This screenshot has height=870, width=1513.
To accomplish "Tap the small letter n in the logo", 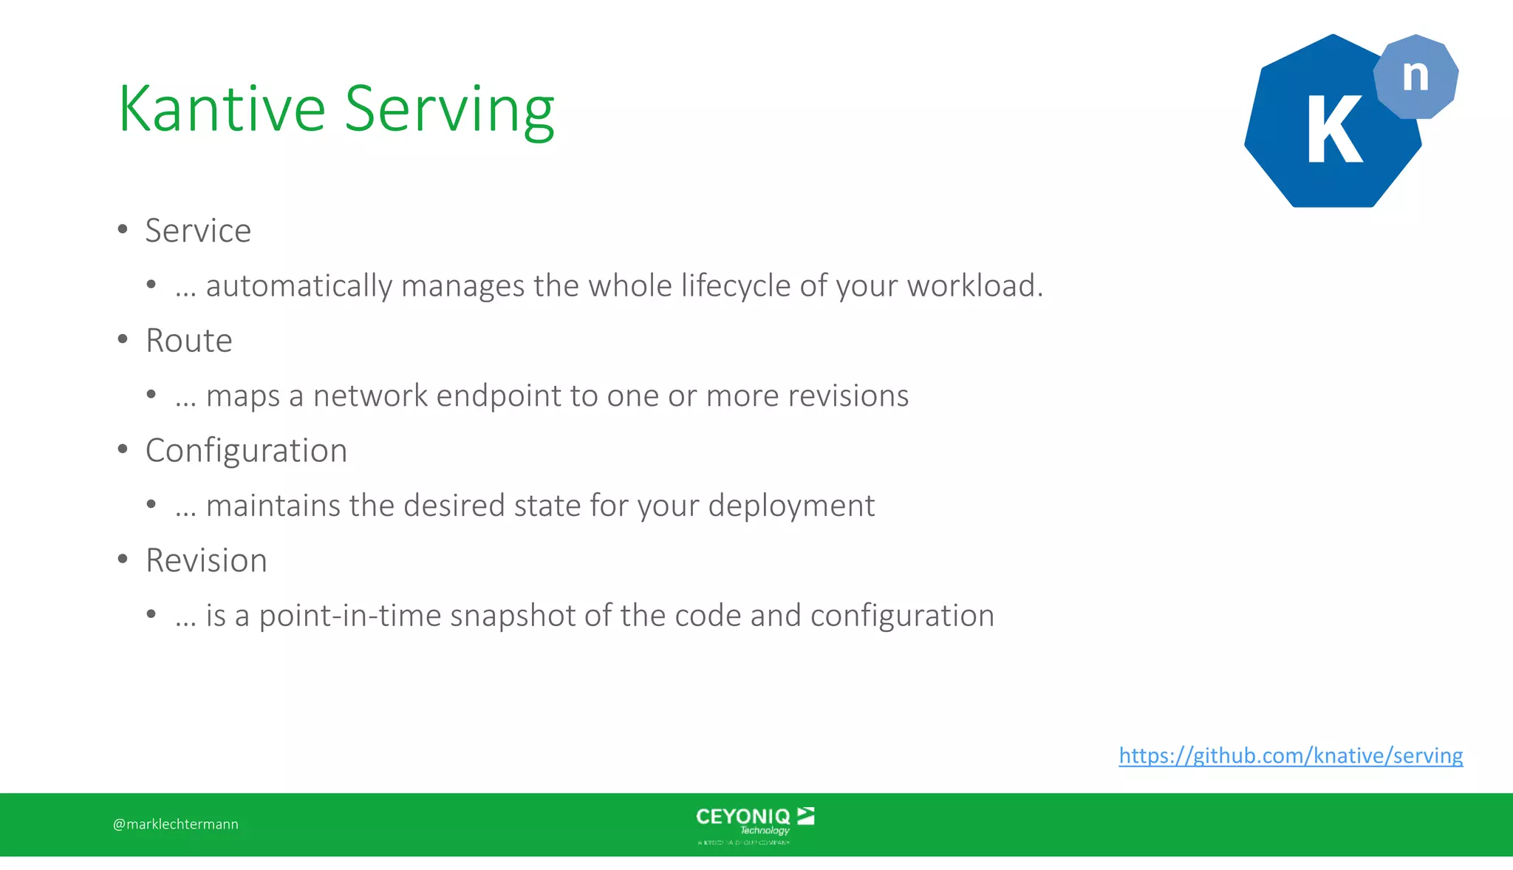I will tap(1415, 76).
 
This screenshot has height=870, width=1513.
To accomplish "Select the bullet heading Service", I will tap(198, 231).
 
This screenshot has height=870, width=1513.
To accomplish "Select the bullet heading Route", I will tap(189, 341).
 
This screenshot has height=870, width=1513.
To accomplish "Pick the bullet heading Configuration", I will tap(246, 450).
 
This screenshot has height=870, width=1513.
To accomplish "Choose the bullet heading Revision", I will tap(206, 560).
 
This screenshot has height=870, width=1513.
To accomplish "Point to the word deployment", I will tap(791, 506).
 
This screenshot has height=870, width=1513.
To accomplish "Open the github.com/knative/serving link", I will tap(1290, 755).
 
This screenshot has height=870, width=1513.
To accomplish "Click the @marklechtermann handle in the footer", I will tap(176, 824).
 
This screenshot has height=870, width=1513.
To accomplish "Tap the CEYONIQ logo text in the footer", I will tap(743, 817).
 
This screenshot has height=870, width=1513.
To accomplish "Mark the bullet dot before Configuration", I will tap(123, 449).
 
